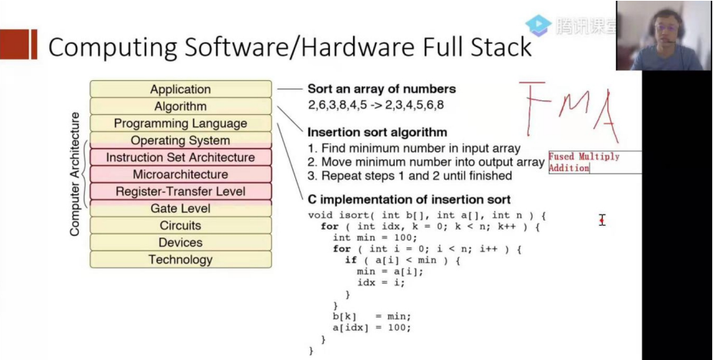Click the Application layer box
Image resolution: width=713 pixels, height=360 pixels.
(180, 89)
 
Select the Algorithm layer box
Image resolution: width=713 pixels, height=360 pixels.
(180, 106)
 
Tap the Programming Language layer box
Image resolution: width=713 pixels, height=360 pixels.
(180, 123)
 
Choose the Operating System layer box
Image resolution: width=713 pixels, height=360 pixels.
(180, 140)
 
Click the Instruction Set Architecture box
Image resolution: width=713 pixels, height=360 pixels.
(180, 157)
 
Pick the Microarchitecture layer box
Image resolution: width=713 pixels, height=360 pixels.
(180, 174)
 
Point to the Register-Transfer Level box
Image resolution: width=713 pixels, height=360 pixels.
(180, 191)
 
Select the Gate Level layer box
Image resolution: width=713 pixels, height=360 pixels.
(180, 208)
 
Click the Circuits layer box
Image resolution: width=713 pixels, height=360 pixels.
(180, 225)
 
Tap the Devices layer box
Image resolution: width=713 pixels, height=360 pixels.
(180, 242)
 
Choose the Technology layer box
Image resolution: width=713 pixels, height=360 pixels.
(180, 259)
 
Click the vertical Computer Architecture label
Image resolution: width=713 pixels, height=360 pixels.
(75, 173)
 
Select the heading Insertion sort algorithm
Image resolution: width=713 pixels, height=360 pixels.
(377, 132)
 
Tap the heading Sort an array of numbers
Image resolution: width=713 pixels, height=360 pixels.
(382, 89)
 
